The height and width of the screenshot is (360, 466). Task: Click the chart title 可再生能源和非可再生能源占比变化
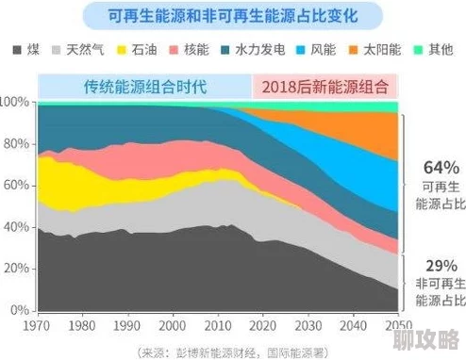pos(233,16)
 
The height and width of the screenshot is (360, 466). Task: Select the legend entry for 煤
pos(25,48)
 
